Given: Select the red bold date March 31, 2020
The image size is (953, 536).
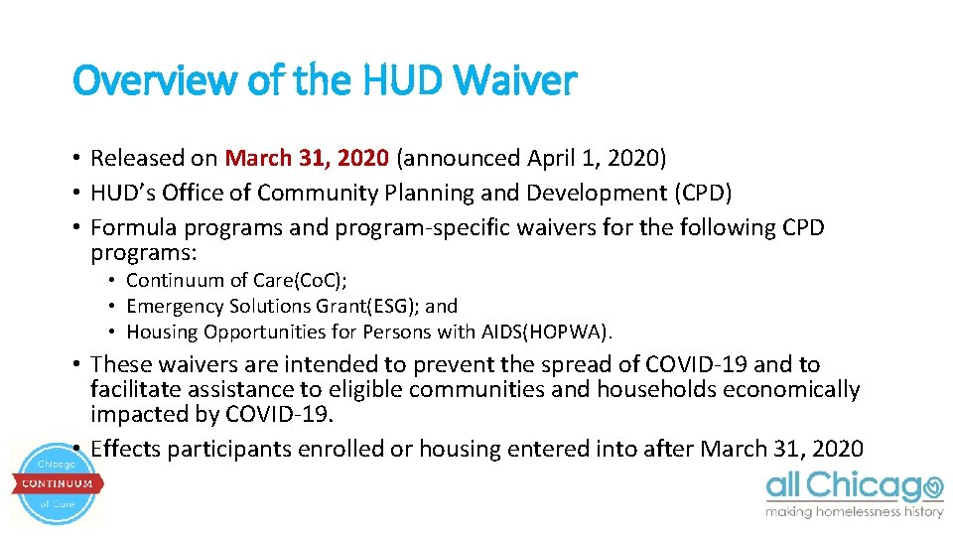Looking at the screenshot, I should point(308,158).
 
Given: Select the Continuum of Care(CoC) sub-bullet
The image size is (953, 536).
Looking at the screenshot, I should point(236,281).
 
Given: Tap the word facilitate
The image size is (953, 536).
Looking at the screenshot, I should point(133,390).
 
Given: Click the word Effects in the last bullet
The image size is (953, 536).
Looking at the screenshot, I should point(126,449).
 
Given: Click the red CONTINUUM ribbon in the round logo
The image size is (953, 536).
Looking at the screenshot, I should point(58,483).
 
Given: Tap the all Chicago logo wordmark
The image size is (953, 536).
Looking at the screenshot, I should point(854,486).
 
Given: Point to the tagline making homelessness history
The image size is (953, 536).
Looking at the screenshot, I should point(854,512).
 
